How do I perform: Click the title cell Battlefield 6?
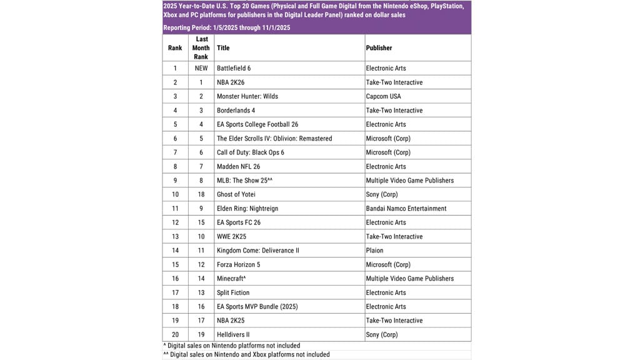pyautogui.click(x=234, y=68)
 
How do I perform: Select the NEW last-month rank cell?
pyautogui.click(x=201, y=68)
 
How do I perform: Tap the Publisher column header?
pyautogui.click(x=379, y=47)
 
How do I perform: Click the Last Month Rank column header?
pyautogui.click(x=201, y=47)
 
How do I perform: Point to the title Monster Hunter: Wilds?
pyautogui.click(x=247, y=96)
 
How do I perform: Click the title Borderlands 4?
pyautogui.click(x=237, y=111)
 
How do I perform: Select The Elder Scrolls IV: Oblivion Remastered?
pyautogui.click(x=274, y=138)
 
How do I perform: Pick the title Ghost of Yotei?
pyautogui.click(x=236, y=194)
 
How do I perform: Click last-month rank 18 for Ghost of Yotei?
pyautogui.click(x=201, y=194)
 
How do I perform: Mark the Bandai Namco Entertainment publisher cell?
pyautogui.click(x=410, y=209)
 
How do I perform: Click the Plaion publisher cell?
pyautogui.click(x=375, y=251)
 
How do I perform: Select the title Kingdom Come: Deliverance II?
pyautogui.click(x=257, y=251)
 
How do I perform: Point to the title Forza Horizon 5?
pyautogui.click(x=239, y=264)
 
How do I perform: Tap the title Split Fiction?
pyautogui.click(x=233, y=292)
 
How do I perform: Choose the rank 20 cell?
pyautogui.click(x=175, y=334)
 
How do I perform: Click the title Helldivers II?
pyautogui.click(x=234, y=334)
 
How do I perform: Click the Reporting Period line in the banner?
pyautogui.click(x=226, y=27)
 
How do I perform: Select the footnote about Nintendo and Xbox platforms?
pyautogui.click(x=246, y=354)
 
